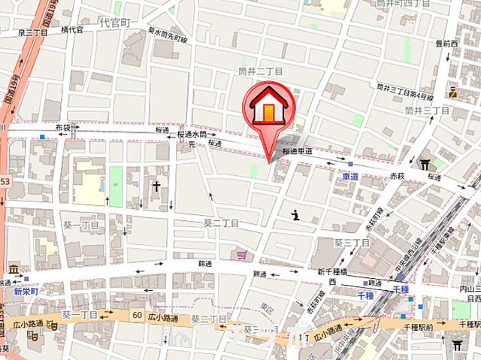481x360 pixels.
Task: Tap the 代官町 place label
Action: pos(115,23)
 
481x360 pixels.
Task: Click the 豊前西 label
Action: pos(446,44)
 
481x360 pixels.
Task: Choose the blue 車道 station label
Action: pos(350,176)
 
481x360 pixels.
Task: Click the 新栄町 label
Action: pos(24,291)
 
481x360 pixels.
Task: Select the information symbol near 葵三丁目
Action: pos(295,216)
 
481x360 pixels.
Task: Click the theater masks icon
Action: pos(52,325)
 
